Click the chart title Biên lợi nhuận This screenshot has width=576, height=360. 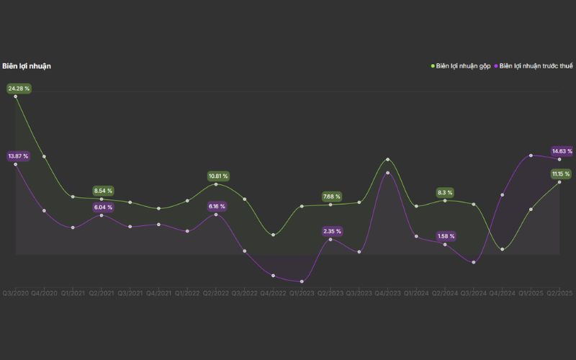(x=27, y=66)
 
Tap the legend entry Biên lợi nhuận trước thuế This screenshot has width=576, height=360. (x=536, y=66)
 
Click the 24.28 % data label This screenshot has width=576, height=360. (x=19, y=89)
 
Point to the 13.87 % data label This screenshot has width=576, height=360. (x=19, y=156)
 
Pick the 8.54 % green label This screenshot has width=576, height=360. (x=103, y=191)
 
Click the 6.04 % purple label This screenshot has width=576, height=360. (x=103, y=207)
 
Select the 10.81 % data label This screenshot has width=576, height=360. (x=218, y=176)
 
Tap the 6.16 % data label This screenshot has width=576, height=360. (x=217, y=207)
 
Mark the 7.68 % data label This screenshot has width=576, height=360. (x=332, y=197)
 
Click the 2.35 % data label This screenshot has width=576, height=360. (x=332, y=231)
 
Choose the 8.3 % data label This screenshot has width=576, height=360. (x=445, y=192)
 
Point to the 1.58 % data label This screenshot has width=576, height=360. (x=446, y=236)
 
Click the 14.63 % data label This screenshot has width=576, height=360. (x=562, y=151)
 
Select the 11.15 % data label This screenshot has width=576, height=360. (x=561, y=174)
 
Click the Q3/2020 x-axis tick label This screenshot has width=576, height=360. (x=15, y=293)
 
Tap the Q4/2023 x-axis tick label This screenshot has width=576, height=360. (x=387, y=293)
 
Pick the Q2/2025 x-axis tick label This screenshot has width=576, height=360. (x=559, y=293)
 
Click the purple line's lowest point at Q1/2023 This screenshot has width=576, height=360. (x=302, y=282)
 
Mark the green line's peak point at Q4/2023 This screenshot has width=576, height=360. (x=388, y=159)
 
